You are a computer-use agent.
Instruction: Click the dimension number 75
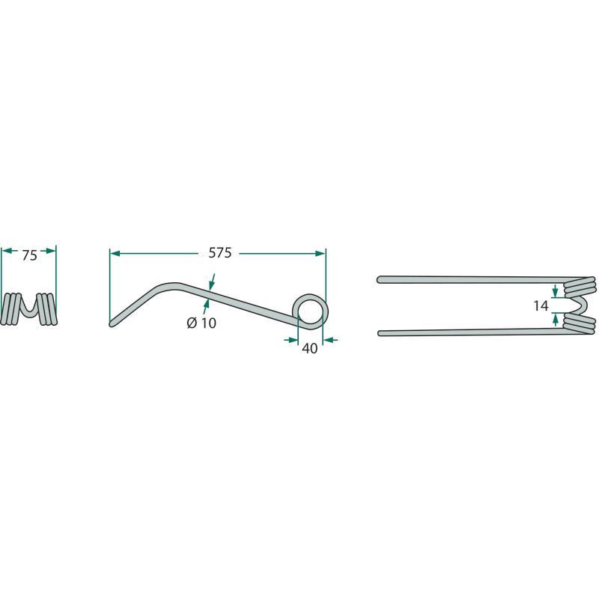[29, 255]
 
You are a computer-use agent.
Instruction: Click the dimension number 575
[219, 253]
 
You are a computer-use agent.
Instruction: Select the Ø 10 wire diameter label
[201, 323]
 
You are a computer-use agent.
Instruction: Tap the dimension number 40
[309, 348]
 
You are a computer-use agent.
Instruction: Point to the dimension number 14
[541, 305]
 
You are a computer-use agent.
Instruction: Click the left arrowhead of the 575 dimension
[115, 253]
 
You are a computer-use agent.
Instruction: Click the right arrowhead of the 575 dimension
[320, 253]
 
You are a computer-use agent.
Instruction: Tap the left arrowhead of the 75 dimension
[7, 251]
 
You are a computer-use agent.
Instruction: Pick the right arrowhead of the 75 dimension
[51, 251]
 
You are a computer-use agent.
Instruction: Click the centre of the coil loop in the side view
[310, 310]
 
